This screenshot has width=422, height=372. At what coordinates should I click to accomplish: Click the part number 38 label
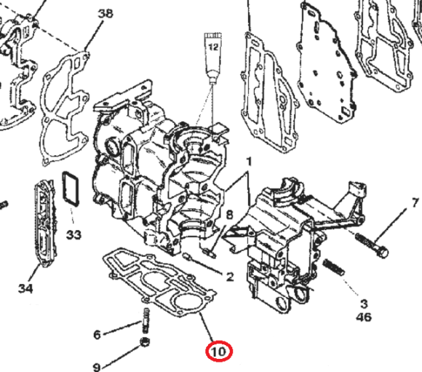(x=105, y=14)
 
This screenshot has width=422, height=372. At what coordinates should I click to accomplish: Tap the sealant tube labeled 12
(x=213, y=55)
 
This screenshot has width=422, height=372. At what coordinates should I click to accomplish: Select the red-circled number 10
(x=218, y=352)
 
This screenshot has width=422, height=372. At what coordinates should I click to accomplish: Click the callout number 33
(x=74, y=235)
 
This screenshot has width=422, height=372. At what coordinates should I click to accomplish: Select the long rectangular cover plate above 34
(x=45, y=226)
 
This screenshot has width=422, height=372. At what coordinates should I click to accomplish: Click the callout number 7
(x=415, y=202)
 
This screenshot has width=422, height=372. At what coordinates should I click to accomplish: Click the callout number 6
(x=97, y=335)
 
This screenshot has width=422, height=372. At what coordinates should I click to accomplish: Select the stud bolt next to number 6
(x=144, y=320)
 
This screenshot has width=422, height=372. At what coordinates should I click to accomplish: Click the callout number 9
(x=97, y=366)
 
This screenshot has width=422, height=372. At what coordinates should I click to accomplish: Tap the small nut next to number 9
(x=145, y=343)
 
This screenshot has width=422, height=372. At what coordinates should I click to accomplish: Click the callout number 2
(x=229, y=277)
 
